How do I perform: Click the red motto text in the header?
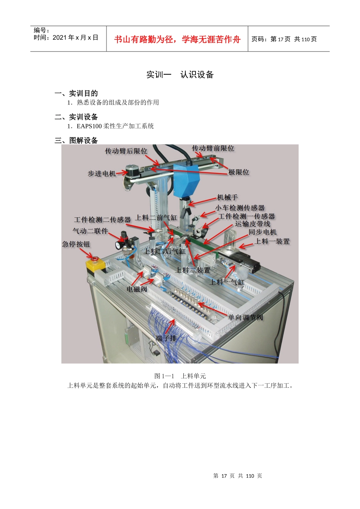pos(177,39)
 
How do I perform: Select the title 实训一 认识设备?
pos(180,75)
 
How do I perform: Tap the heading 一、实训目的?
pos(76,93)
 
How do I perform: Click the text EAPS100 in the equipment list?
pos(89,126)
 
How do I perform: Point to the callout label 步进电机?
pos(102,173)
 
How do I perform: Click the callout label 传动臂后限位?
pos(126,151)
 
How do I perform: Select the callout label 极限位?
pos(239,172)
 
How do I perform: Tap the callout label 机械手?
pos(227,197)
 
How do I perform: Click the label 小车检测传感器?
pos(240,208)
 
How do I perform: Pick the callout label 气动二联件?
pos(91,231)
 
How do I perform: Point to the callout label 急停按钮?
pos(76,244)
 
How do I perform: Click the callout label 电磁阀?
pos(137,289)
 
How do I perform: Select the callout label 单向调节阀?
pos(245,317)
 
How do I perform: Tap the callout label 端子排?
pos(166,338)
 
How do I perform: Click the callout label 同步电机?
pos(263,232)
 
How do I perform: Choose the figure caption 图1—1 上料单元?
pos(180,376)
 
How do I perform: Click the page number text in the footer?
pos(238,476)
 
